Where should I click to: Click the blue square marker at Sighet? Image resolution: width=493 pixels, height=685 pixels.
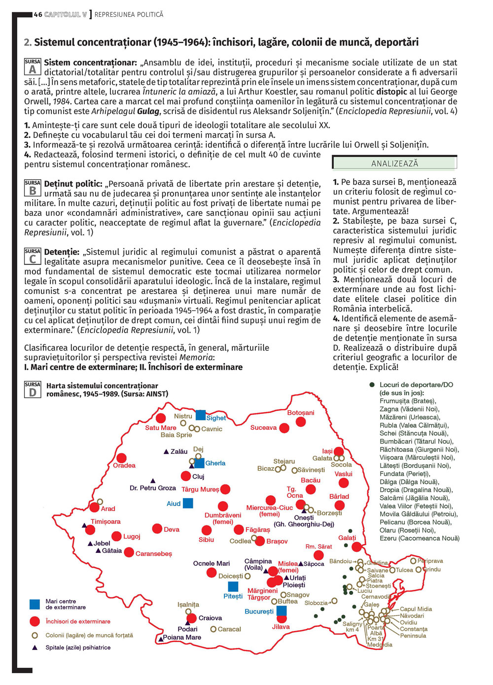(x=201, y=415)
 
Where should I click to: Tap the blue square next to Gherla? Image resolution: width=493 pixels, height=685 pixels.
(x=199, y=463)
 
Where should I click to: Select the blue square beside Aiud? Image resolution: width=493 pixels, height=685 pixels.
(x=188, y=503)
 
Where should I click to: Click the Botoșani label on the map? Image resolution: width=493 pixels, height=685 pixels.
(x=301, y=412)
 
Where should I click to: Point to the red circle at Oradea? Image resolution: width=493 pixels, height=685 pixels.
(x=121, y=458)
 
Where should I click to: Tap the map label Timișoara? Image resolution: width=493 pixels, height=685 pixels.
(x=106, y=521)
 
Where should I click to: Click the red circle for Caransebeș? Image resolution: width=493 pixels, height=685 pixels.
(x=129, y=552)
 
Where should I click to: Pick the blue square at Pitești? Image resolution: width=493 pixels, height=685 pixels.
(x=233, y=586)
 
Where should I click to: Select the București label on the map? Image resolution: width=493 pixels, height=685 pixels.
(x=259, y=612)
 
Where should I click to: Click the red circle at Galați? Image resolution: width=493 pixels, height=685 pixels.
(x=357, y=547)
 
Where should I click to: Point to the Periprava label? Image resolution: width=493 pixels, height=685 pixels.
(x=430, y=561)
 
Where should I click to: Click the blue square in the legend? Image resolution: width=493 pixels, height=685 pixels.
(x=35, y=604)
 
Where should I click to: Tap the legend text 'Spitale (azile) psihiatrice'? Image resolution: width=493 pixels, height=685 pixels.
(x=78, y=648)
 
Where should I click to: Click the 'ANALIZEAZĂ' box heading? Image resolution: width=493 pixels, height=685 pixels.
(x=394, y=163)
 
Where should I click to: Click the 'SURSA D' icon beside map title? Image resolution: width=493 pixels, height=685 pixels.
(x=33, y=389)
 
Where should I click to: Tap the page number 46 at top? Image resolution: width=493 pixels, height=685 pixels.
(x=38, y=15)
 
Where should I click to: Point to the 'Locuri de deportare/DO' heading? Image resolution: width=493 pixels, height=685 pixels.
(x=416, y=385)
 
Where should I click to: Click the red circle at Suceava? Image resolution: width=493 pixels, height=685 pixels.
(x=284, y=428)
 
